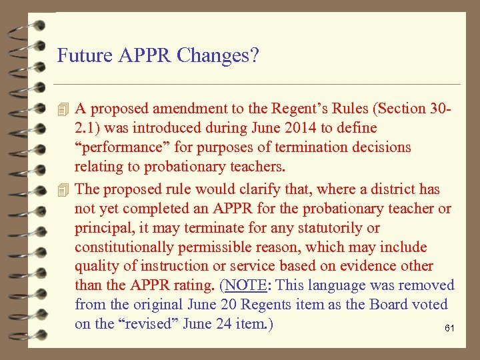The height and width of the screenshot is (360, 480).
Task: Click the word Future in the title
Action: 81,55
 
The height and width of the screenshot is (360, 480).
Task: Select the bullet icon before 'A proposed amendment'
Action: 63,109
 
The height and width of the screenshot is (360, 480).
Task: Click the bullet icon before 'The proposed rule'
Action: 63,189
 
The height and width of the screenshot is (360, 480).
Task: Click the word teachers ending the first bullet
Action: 254,166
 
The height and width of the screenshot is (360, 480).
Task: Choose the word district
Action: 397,189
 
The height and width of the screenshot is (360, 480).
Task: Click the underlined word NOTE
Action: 246,285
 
